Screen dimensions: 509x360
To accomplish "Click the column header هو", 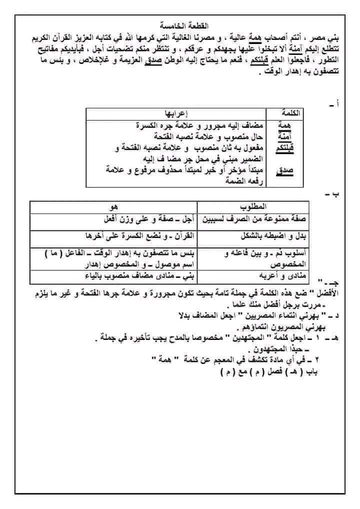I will pyautogui.click(x=114, y=207).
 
